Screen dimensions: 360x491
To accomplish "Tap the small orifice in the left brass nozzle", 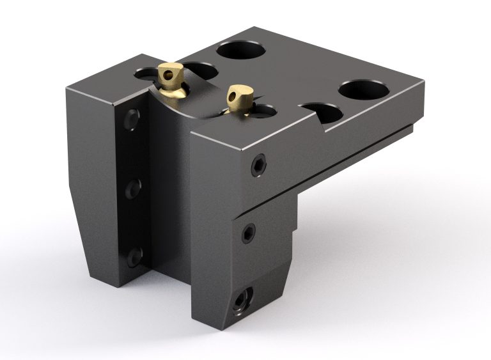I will pos(168,74).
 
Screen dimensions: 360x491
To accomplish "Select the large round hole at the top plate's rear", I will pos(241,49).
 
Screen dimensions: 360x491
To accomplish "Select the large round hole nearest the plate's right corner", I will pos(363,90).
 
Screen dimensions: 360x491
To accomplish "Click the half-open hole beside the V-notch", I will pos(322,113).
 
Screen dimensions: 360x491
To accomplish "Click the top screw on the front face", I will pos(258,165).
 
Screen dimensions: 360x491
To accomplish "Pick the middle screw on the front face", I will pos(248,233).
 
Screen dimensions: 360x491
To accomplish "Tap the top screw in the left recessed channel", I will pos(132,118).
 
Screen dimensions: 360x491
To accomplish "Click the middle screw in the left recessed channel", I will pos(133,188).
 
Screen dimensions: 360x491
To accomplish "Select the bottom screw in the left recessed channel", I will pos(134,256).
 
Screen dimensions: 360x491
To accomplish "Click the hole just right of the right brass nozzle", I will pos(263,111).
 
